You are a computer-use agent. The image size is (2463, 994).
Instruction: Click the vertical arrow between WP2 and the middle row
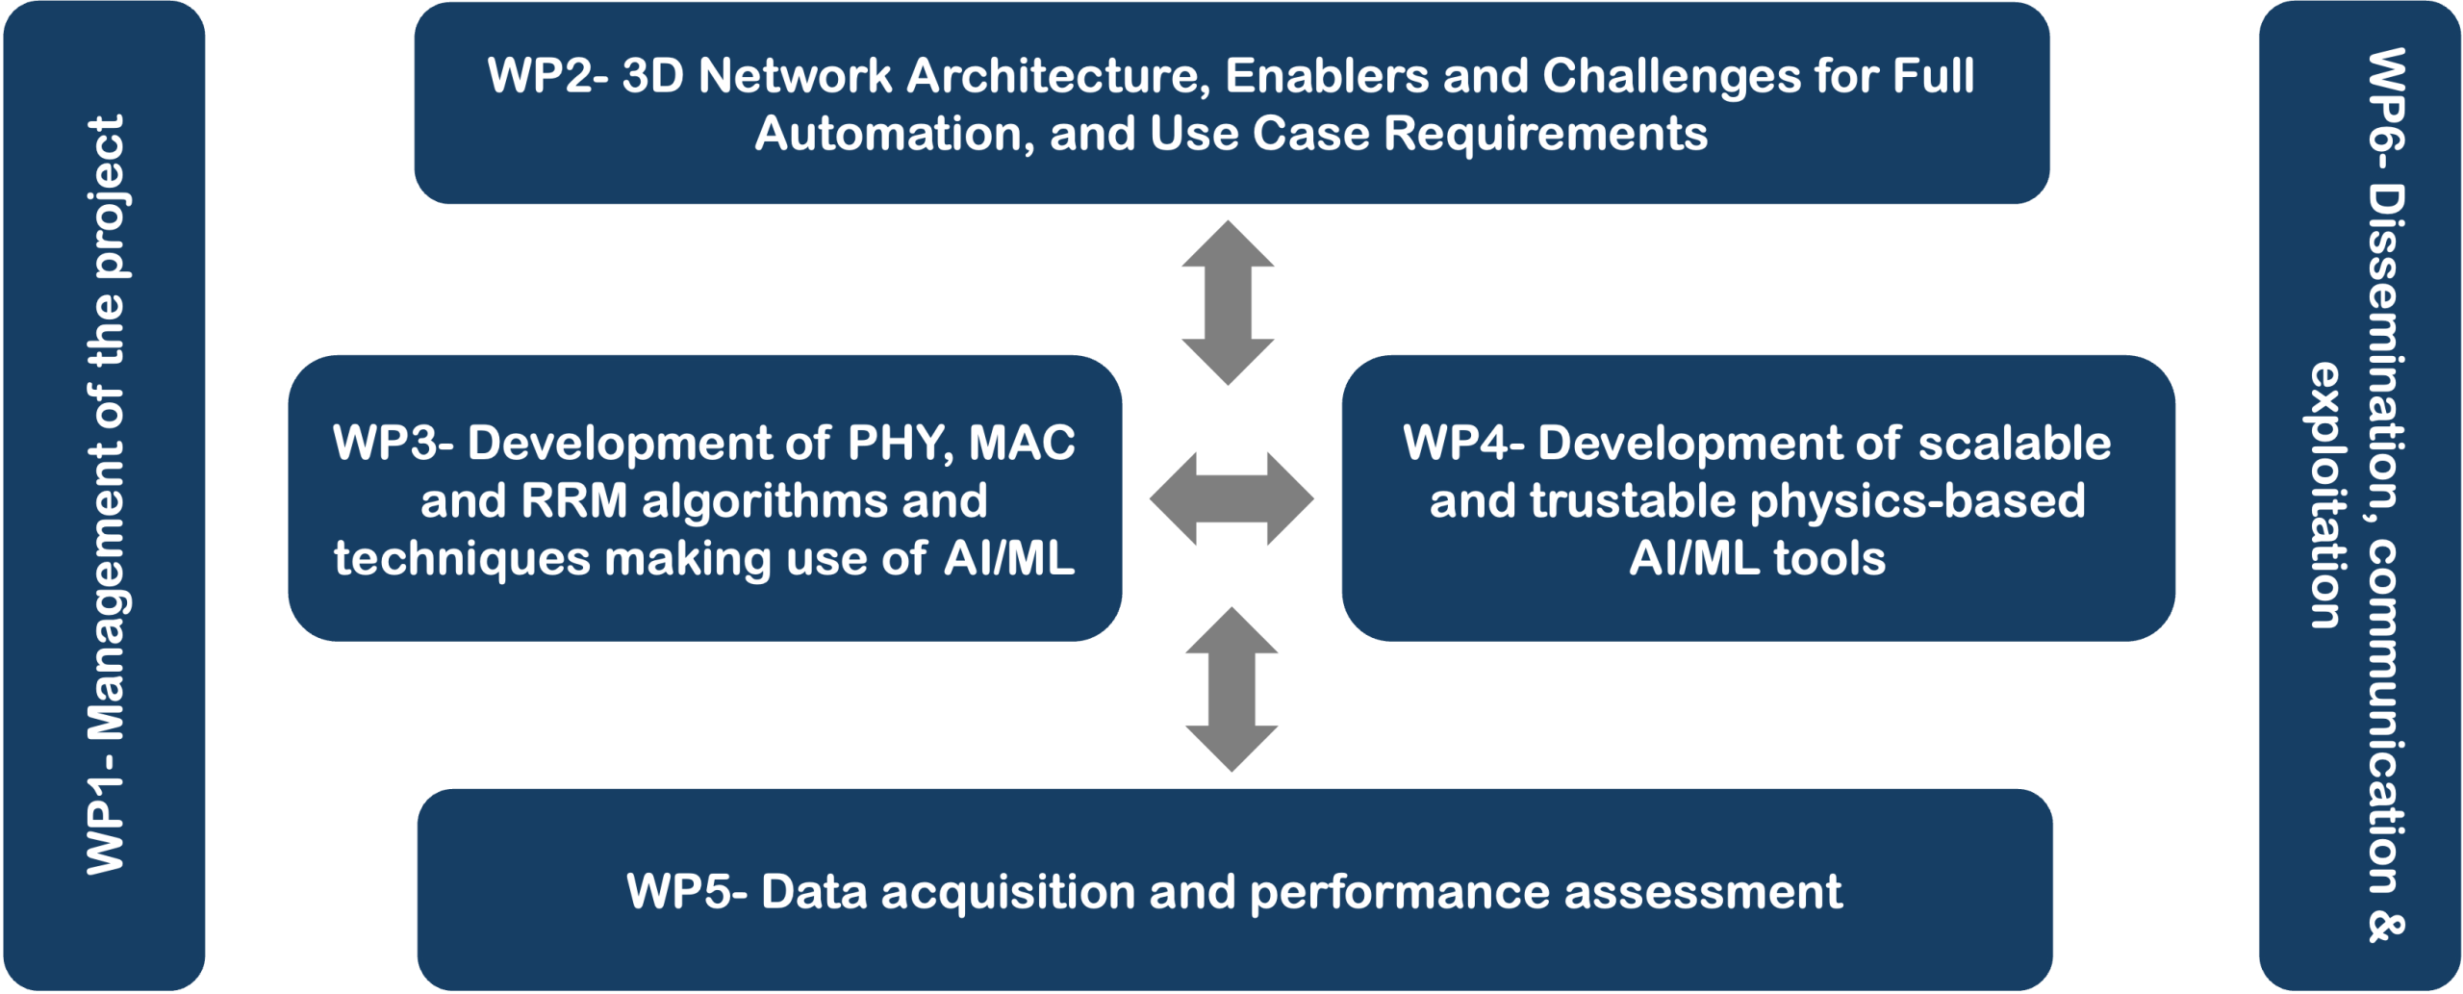pyautogui.click(x=1228, y=302)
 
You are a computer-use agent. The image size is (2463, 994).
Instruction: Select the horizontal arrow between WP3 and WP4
pyautogui.click(x=1231, y=498)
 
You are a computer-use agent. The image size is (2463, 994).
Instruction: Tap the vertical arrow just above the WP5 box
pyautogui.click(x=1231, y=689)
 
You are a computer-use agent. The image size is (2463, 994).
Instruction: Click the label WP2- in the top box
pyautogui.click(x=547, y=75)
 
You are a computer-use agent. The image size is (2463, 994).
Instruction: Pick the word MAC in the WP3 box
pyautogui.click(x=1022, y=443)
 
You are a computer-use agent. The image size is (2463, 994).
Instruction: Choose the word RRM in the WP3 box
pyautogui.click(x=573, y=500)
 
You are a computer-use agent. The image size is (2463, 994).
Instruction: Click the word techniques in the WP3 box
pyautogui.click(x=462, y=559)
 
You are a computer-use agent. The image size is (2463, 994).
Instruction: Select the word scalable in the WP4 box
pyautogui.click(x=2015, y=443)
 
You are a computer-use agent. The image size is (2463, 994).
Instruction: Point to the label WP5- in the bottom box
pyautogui.click(x=687, y=891)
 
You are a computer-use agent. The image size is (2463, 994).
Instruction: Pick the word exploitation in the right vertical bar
pyautogui.click(x=2326, y=496)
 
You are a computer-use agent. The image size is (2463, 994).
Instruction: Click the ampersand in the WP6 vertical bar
pyautogui.click(x=2385, y=928)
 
